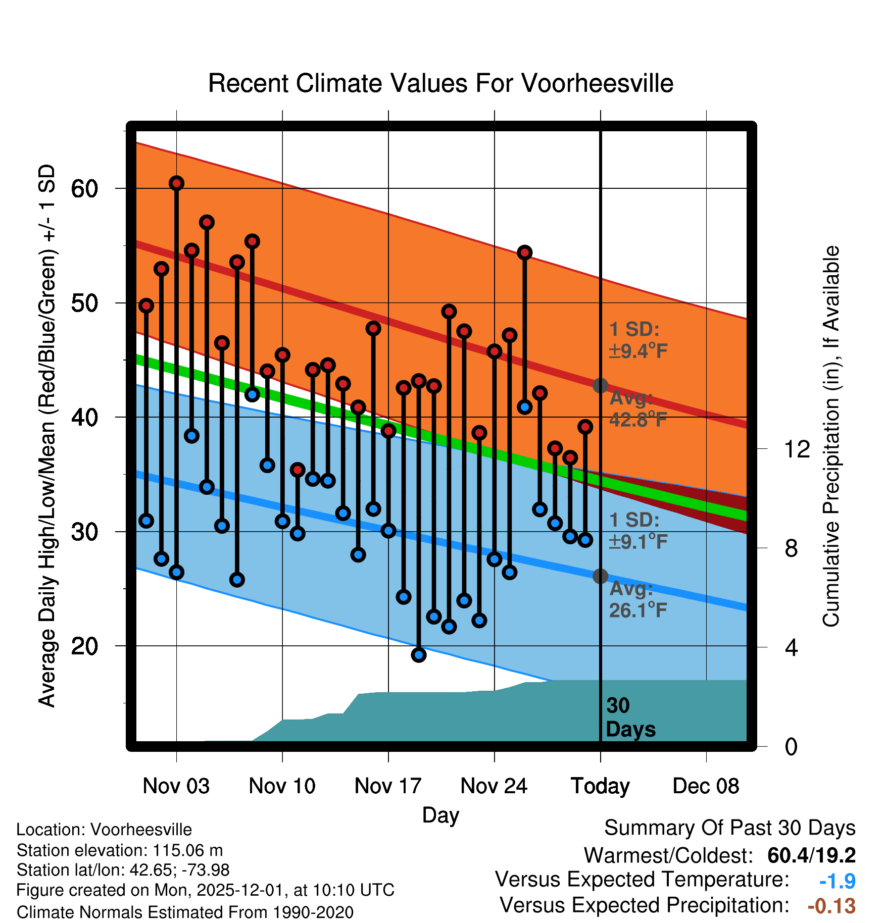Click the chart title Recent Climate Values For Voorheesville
coord(440,84)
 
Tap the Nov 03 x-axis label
coord(176,786)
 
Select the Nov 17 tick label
coord(387,786)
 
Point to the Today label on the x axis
coord(600,786)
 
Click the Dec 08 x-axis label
coord(706,786)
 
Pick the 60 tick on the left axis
coord(84,189)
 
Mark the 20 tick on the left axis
coord(84,646)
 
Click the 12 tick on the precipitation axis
coord(797,449)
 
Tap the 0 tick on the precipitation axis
coord(791,746)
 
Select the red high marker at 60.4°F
coord(176,183)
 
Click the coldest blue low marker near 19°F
coord(419,655)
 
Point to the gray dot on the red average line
coord(600,386)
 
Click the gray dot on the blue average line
coord(600,576)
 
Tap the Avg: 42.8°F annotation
coord(637,409)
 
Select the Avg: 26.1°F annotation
coord(637,600)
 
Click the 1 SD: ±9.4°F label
coord(637,340)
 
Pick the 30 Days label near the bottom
coord(630,717)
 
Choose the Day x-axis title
coord(440,814)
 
